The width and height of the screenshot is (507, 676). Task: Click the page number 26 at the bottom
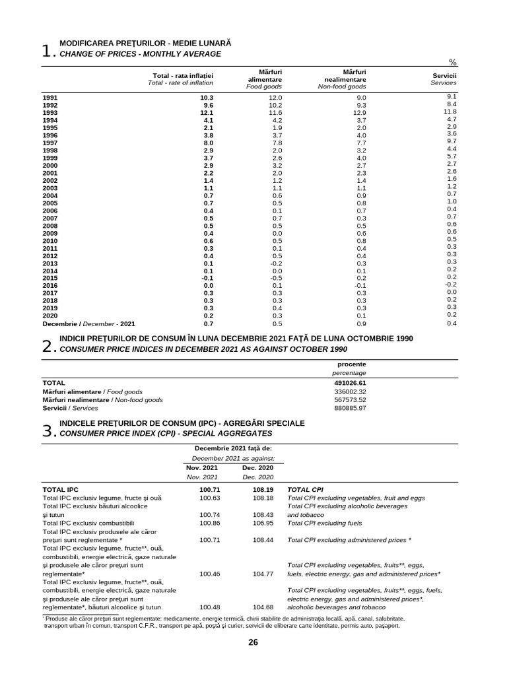253,643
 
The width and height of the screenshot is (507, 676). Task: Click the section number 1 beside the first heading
47,51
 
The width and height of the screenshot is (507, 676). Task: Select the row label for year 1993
50,113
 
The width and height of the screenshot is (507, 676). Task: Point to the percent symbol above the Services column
453,62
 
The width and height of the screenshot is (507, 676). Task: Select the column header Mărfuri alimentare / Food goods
263,79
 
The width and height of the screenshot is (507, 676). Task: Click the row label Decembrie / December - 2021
88,324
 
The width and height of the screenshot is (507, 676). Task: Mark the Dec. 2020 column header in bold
257,467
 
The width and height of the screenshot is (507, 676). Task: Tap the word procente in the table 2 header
352,364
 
